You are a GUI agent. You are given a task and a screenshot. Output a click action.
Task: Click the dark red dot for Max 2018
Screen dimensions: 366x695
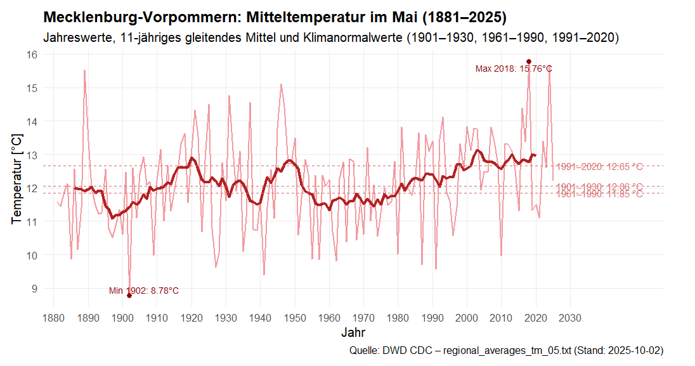point(529,62)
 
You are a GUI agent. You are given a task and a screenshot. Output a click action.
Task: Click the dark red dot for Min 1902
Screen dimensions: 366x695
point(129,296)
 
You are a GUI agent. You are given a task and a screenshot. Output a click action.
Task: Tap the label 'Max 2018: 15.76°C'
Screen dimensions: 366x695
point(514,69)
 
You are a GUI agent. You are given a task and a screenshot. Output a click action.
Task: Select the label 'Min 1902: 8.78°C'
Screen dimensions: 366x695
point(144,291)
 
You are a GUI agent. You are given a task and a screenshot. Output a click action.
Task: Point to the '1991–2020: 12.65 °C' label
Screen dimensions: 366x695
point(599,167)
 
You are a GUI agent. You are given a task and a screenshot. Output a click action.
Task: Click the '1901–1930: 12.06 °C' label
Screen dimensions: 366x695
point(599,186)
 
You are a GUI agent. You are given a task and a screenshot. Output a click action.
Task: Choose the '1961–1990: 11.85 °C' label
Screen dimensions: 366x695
point(599,194)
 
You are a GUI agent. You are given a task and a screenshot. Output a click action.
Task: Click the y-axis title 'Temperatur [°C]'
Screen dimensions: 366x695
point(17,178)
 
